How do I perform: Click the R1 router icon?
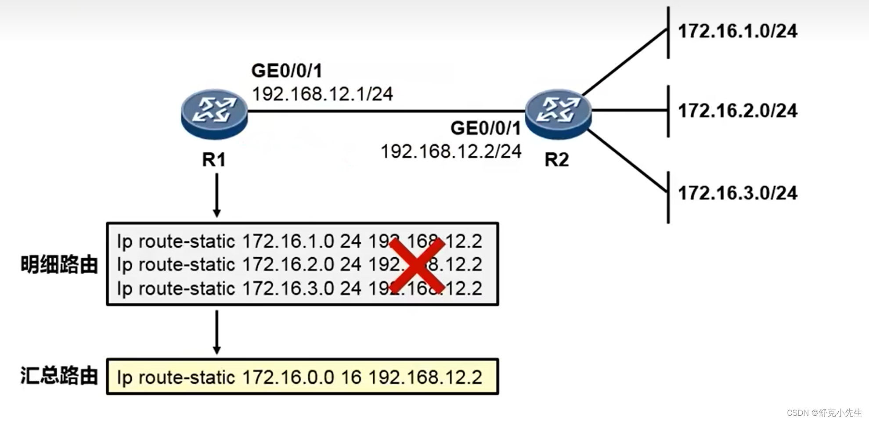coord(214,114)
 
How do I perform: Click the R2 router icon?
coord(558,114)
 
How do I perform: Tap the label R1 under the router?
coord(214,160)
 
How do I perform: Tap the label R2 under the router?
coord(557,160)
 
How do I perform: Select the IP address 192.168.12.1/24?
coord(322,94)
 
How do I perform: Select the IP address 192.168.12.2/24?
coord(451,152)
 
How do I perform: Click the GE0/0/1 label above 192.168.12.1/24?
coord(287,71)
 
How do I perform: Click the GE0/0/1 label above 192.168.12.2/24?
coord(485,128)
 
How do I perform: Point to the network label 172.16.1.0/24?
coord(737,31)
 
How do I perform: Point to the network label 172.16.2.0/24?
coord(737,111)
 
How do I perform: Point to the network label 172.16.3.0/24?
coord(737,193)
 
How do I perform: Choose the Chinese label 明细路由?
coord(59,265)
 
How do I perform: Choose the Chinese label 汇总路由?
coord(59,376)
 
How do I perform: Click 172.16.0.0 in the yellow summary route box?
coord(288,378)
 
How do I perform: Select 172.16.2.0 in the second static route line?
coord(288,265)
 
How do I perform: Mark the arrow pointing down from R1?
coord(216,195)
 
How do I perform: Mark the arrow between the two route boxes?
coord(216,332)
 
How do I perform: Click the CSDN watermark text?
coord(824,413)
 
